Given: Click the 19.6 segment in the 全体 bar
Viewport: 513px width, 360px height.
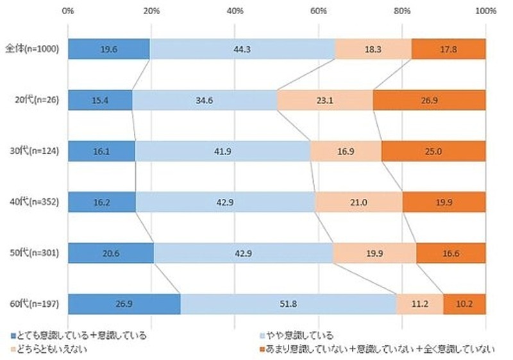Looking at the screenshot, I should (108, 49).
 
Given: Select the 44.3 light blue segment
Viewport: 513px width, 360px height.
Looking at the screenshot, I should (242, 49).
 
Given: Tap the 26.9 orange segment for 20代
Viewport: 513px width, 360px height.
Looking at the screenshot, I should (429, 100).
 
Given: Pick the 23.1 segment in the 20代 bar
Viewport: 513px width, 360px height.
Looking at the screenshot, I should (324, 100).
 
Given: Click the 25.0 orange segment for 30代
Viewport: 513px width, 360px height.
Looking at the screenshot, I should (433, 151).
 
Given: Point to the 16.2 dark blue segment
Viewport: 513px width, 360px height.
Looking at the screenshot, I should (101, 203).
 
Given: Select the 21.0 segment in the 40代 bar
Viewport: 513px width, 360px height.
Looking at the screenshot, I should (358, 203).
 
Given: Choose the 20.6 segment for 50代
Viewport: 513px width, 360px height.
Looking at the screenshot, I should (110, 254).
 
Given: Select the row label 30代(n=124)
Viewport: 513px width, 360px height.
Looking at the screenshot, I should (36, 151).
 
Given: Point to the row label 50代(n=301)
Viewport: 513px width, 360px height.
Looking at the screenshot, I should (36, 254).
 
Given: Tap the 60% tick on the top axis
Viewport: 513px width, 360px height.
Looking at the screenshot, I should (318, 11).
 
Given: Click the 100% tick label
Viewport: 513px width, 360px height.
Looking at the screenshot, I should (485, 11).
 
